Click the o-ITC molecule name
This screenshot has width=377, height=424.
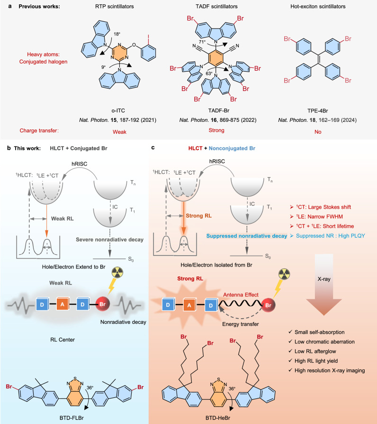[x=118, y=111]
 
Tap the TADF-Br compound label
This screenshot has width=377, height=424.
[x=219, y=111]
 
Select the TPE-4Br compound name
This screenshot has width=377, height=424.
[x=318, y=111]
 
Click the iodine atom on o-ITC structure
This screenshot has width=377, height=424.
[x=148, y=37]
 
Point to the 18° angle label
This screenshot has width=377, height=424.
[x=117, y=34]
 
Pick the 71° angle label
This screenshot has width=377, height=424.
[x=202, y=42]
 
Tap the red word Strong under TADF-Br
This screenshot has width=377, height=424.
[x=216, y=130]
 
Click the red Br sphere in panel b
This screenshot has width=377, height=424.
[x=103, y=304]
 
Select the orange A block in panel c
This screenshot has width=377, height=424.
[x=189, y=305]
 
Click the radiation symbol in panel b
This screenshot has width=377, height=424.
[x=117, y=273]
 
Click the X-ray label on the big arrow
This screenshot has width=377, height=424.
[x=324, y=279]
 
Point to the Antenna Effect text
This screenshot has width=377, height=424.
[x=241, y=295]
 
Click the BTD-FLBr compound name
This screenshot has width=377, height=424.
[x=72, y=418]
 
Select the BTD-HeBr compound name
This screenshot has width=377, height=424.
[x=218, y=418]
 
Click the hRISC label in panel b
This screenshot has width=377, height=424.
[x=80, y=164]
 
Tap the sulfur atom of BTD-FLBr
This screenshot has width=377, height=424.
[x=75, y=379]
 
